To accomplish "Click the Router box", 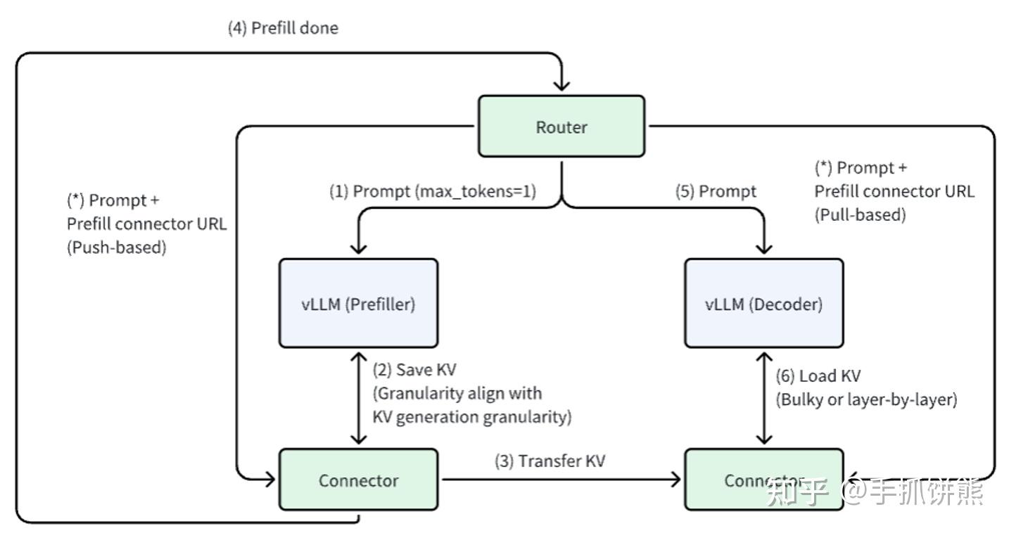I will point(561,127).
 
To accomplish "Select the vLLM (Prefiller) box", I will point(358,304).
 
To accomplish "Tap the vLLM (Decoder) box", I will point(763,304).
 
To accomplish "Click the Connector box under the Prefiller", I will point(358,480).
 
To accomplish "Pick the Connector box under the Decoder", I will point(763,480).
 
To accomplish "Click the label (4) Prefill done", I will point(283,28).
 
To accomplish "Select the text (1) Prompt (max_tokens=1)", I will point(433,191).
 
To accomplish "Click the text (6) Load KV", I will point(818,376).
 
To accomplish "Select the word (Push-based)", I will point(116,248).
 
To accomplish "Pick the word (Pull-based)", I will point(860,214).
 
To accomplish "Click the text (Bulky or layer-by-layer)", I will point(866,399).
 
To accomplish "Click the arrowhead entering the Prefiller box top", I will point(359,248).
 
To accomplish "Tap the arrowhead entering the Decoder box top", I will point(763,248).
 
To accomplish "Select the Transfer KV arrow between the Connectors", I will point(559,480).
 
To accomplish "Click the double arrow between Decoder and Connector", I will point(763,398).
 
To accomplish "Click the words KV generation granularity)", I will point(471,416).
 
